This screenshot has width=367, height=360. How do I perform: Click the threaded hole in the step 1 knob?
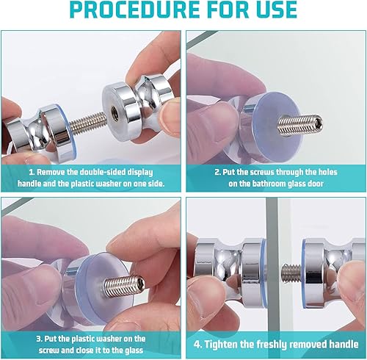[x=115, y=109]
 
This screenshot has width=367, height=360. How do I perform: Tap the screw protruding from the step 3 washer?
[x=124, y=285]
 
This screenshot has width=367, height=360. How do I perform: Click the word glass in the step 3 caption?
[x=134, y=350]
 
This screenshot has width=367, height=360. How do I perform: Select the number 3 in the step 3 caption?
[x=39, y=339]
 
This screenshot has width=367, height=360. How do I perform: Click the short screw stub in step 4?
[x=291, y=273]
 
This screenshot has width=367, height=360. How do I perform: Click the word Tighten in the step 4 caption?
[x=221, y=344]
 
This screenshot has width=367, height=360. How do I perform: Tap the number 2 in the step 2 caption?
[x=217, y=172]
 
